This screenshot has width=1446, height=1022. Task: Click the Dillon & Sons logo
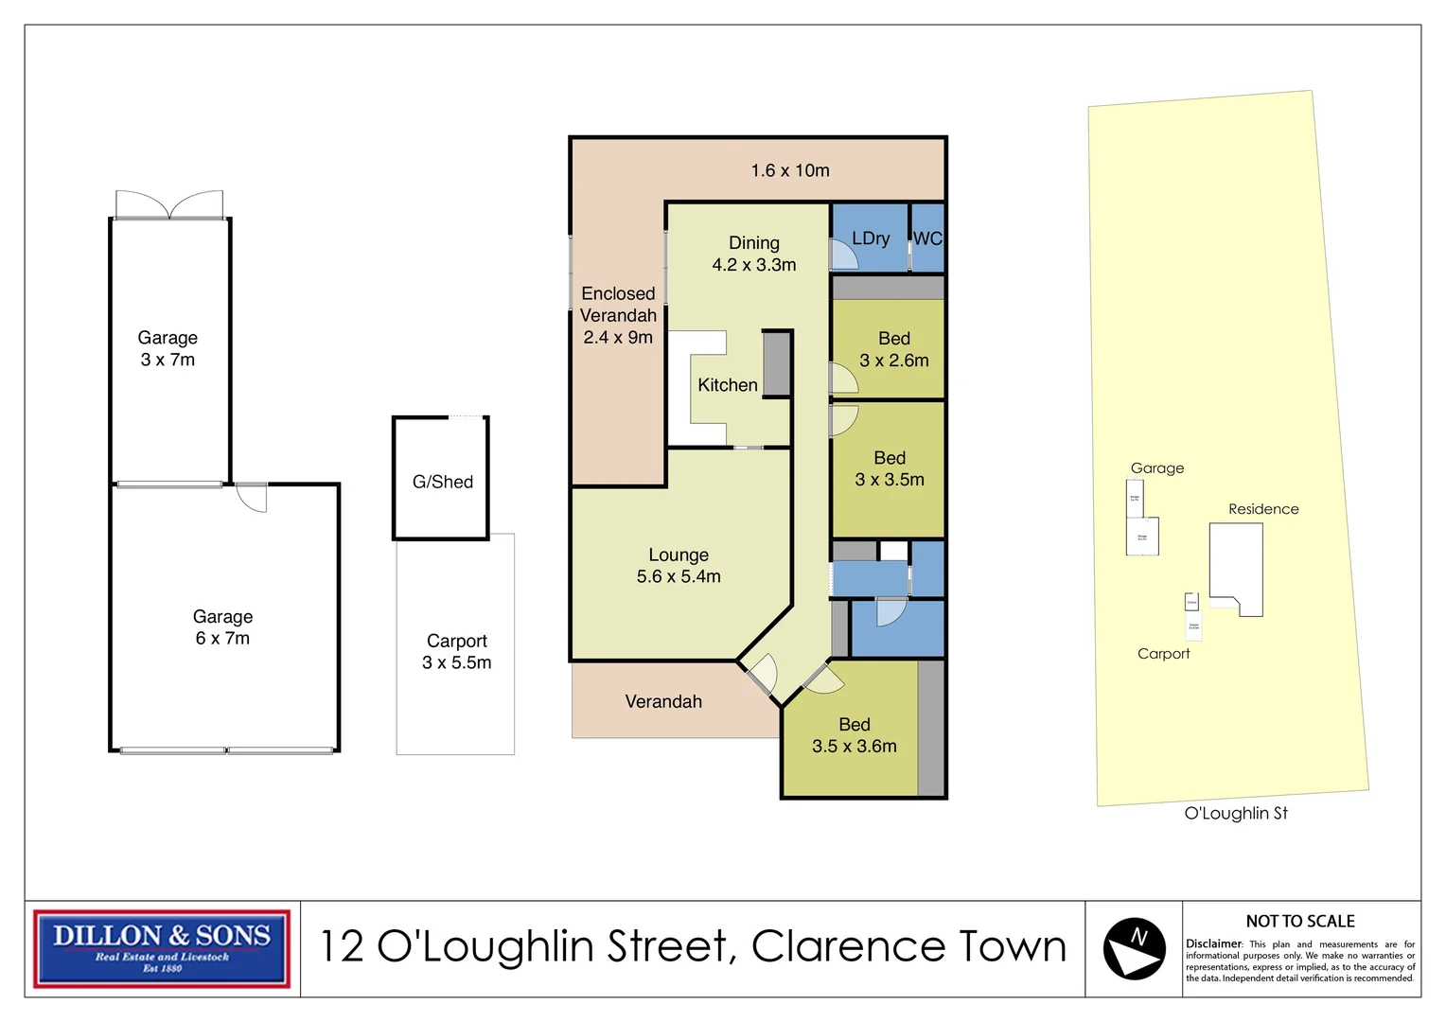[x=162, y=948]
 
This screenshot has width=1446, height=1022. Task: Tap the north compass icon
[x=1134, y=948]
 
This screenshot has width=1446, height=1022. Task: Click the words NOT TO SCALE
[x=1299, y=921]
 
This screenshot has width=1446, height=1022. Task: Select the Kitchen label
[x=727, y=385]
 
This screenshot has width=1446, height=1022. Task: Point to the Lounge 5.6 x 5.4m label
[x=679, y=566]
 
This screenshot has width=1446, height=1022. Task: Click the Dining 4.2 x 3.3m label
[x=754, y=255]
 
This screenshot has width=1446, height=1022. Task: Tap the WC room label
[x=927, y=238]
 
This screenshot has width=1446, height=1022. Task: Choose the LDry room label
[x=871, y=238]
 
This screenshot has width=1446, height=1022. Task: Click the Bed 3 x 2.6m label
[x=893, y=349]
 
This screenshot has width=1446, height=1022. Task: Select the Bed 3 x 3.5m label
[x=890, y=468]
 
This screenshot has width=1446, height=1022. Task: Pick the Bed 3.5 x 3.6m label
[x=854, y=735]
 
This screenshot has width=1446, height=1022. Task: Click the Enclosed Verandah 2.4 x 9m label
[x=618, y=315]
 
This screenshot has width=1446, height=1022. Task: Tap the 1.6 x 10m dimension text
[x=790, y=170]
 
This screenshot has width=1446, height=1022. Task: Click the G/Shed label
[x=443, y=482]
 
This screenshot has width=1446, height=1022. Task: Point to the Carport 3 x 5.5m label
[x=456, y=652]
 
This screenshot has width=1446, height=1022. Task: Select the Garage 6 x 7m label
[x=222, y=627]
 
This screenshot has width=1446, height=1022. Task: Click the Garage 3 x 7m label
[x=168, y=348]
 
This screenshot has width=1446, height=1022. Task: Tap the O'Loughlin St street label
[x=1236, y=813]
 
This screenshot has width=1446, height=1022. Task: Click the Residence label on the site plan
[x=1263, y=509]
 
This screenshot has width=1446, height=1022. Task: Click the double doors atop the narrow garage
[x=169, y=204]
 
